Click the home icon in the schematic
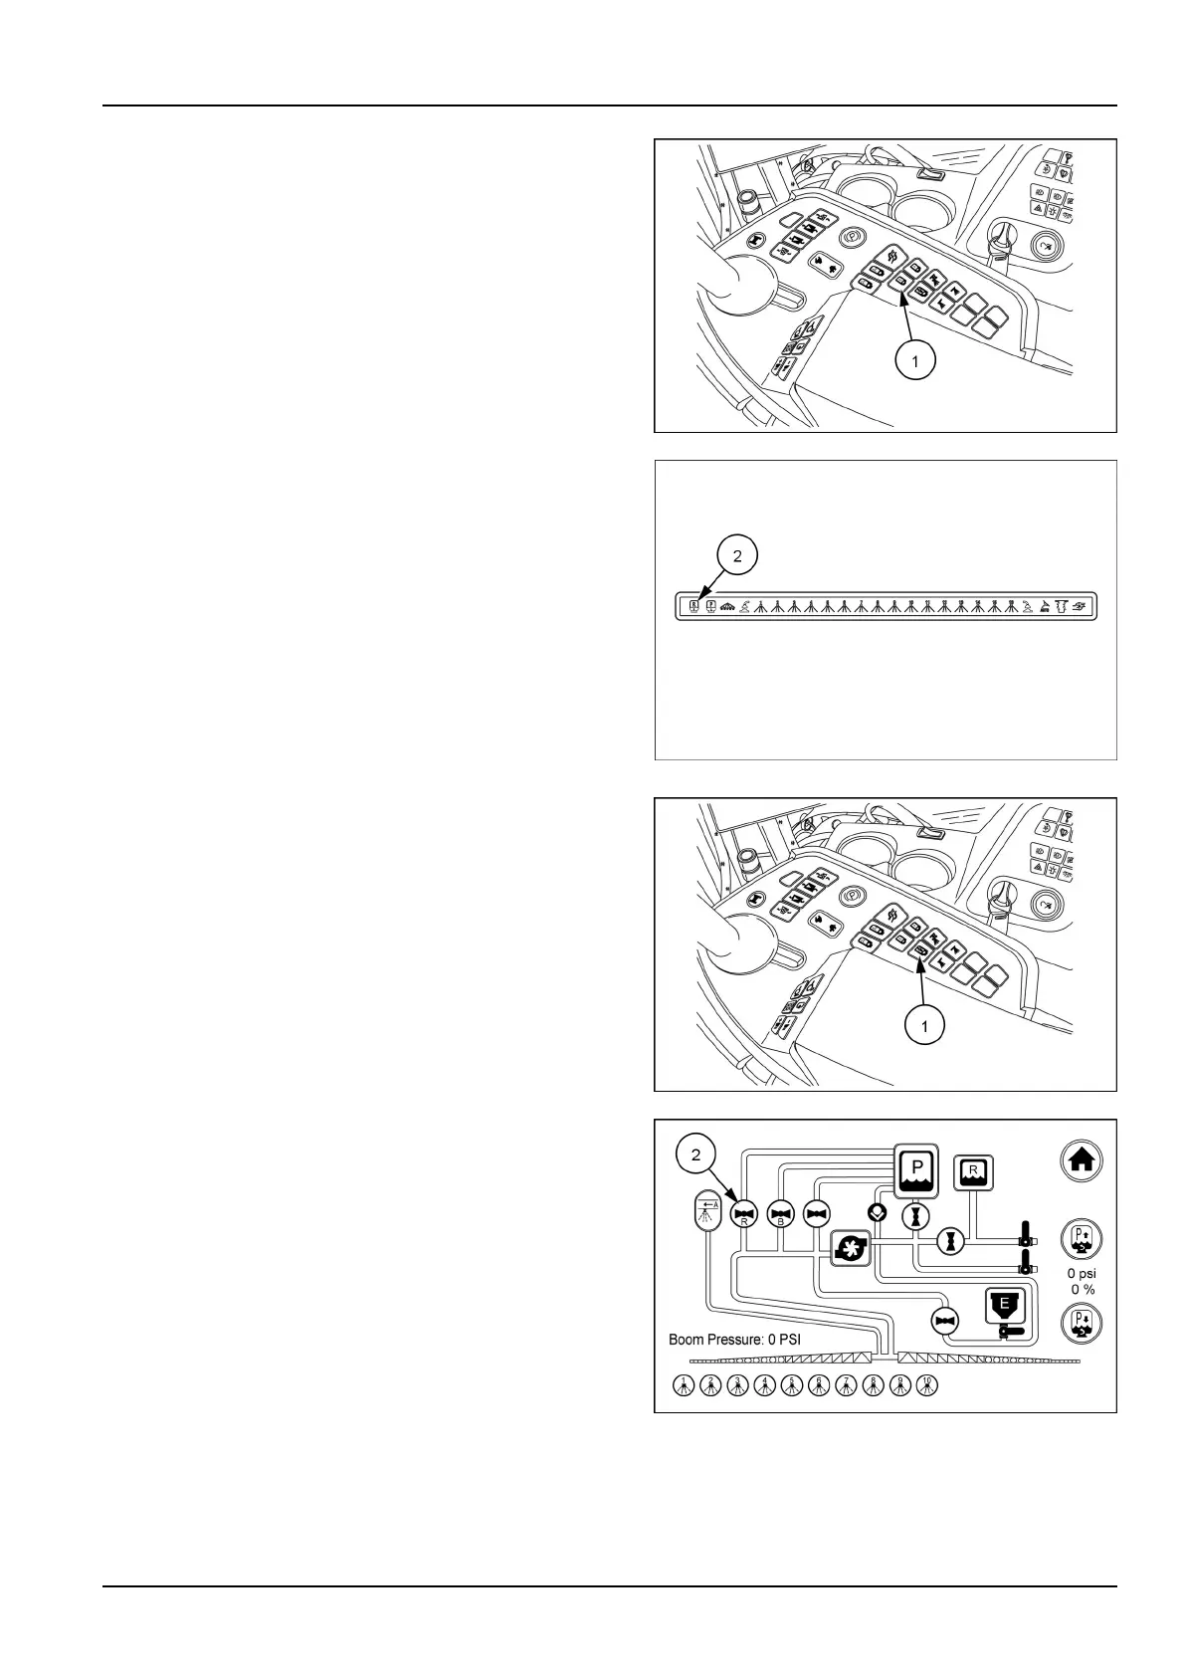[1082, 1160]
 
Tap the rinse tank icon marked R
[974, 1174]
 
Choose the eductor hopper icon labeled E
[1006, 1306]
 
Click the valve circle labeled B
[781, 1213]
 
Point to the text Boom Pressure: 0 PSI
[734, 1340]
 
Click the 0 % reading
[1083, 1289]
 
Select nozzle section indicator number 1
[684, 1385]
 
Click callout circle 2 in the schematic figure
[696, 1154]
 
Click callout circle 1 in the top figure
[914, 361]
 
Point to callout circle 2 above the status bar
[737, 556]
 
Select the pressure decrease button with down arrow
[1082, 1325]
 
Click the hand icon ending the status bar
[1081, 605]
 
